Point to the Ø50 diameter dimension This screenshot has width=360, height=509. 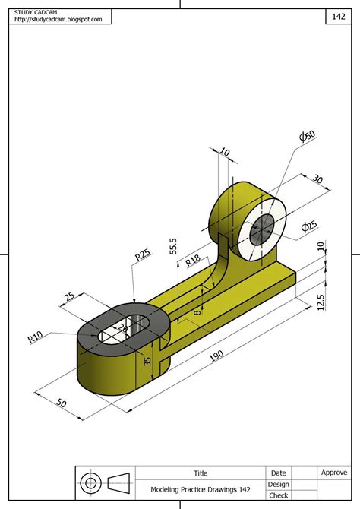pyautogui.click(x=308, y=138)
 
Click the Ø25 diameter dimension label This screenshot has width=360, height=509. pyautogui.click(x=309, y=226)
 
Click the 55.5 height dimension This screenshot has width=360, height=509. pyautogui.click(x=173, y=248)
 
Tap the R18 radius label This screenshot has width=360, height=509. pyautogui.click(x=194, y=261)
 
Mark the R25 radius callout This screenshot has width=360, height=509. pyautogui.click(x=142, y=254)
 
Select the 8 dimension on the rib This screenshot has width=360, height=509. pyautogui.click(x=197, y=309)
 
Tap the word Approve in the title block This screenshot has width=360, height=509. pyautogui.click(x=334, y=473)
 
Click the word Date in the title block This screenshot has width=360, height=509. pyautogui.click(x=278, y=473)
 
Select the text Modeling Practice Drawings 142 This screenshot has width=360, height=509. pyautogui.click(x=200, y=490)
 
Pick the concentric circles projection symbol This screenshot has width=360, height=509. pyautogui.click(x=91, y=482)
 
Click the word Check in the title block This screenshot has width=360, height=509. pyautogui.click(x=278, y=495)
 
